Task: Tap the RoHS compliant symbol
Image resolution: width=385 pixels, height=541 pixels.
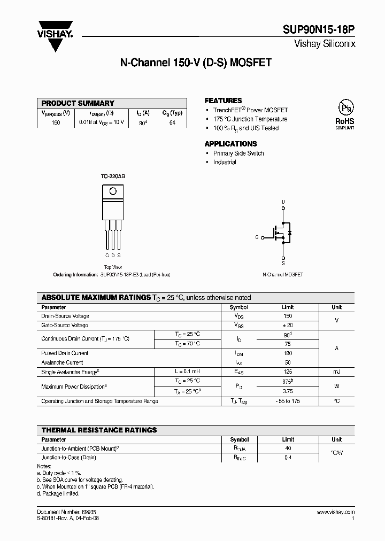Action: [345, 113]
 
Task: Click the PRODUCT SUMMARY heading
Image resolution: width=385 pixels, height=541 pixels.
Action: [78, 103]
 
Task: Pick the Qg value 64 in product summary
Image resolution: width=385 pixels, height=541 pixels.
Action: [172, 122]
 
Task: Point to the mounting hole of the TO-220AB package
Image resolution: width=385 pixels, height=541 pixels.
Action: [113, 192]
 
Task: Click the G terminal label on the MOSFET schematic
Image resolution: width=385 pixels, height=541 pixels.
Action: [257, 237]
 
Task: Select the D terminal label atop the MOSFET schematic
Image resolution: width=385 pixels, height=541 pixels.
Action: [283, 202]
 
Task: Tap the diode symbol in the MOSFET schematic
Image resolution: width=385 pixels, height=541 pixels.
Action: [289, 233]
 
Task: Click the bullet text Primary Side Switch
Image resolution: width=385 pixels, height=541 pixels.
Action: [238, 153]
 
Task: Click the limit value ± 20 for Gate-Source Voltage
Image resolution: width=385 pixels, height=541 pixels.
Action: [288, 325]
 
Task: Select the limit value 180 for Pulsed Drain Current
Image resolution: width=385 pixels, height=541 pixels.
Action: [288, 353]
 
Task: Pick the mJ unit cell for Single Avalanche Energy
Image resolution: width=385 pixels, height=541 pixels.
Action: [336, 372]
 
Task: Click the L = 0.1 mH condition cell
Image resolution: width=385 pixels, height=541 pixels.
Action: [187, 372]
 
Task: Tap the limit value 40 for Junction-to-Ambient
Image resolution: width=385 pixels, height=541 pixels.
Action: [288, 449]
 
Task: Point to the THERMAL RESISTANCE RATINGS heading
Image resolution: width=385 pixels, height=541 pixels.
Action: [99, 430]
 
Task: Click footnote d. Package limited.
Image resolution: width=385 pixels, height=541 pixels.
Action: [58, 493]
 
